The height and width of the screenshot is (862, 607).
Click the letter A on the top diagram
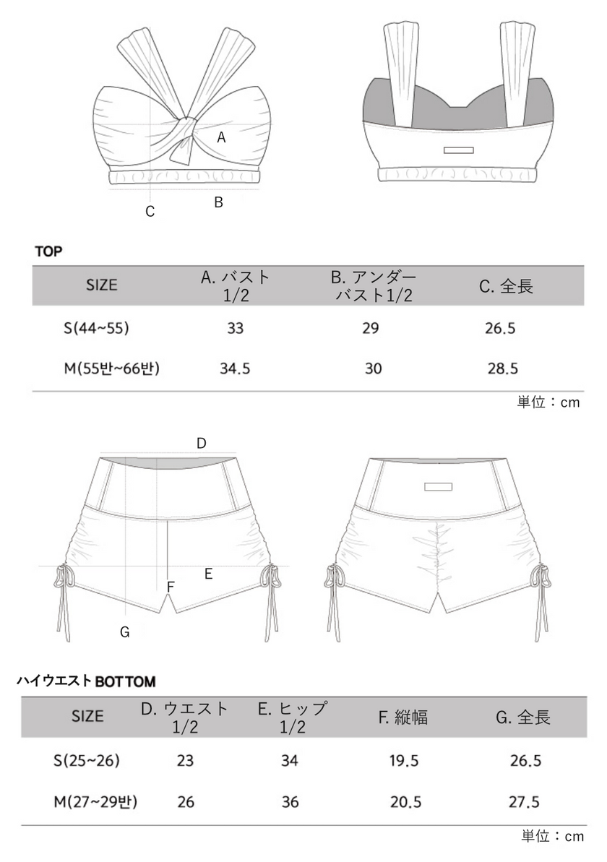click(222, 137)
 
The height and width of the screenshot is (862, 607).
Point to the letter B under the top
click(218, 202)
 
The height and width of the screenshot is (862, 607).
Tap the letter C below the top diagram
click(150, 212)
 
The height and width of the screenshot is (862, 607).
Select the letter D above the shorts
click(202, 443)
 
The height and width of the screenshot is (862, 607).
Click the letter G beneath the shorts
click(124, 632)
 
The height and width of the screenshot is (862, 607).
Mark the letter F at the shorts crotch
click(170, 587)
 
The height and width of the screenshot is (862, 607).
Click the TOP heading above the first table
click(48, 251)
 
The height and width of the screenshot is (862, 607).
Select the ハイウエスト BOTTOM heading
click(86, 681)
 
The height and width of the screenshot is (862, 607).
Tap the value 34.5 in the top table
click(235, 368)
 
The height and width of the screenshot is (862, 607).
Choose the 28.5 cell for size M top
click(504, 368)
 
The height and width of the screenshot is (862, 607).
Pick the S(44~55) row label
click(95, 328)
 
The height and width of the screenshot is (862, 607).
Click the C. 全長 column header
click(506, 286)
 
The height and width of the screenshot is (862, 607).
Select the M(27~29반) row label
click(95, 802)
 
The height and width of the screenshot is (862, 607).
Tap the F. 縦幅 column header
click(402, 717)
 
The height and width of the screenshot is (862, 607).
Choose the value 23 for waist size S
click(185, 761)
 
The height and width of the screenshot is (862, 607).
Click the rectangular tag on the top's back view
click(458, 150)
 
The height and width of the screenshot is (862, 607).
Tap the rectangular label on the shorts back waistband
click(438, 486)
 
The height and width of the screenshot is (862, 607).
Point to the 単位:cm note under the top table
click(548, 402)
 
